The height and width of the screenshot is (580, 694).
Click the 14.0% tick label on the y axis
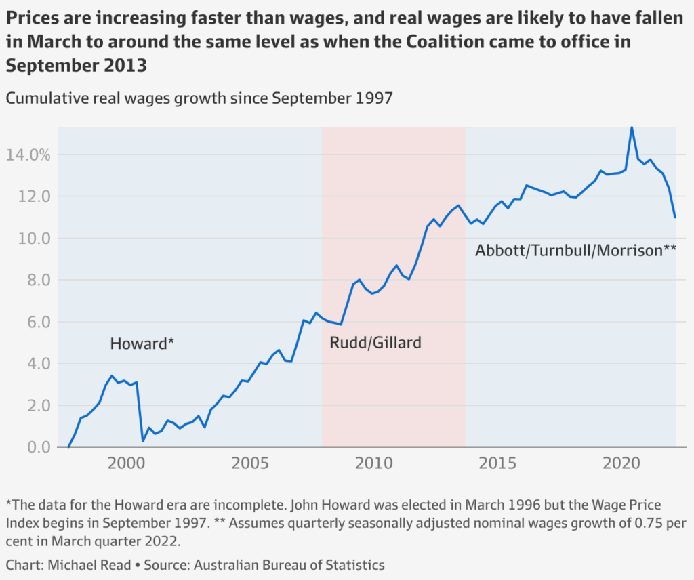point(28,155)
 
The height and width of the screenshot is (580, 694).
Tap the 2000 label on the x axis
point(125,464)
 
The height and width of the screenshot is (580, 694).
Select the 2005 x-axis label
point(249,464)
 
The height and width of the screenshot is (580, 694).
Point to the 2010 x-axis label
point(373,464)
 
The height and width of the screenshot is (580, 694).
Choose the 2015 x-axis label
point(497,464)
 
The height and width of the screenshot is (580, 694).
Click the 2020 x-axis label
point(621,464)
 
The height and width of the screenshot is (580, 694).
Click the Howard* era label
point(142,344)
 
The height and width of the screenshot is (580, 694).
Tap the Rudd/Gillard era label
point(375,343)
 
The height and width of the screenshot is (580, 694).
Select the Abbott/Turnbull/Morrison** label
point(576,251)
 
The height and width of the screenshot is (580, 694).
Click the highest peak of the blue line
point(632,127)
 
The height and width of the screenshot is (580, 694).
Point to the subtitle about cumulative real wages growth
point(199,98)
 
